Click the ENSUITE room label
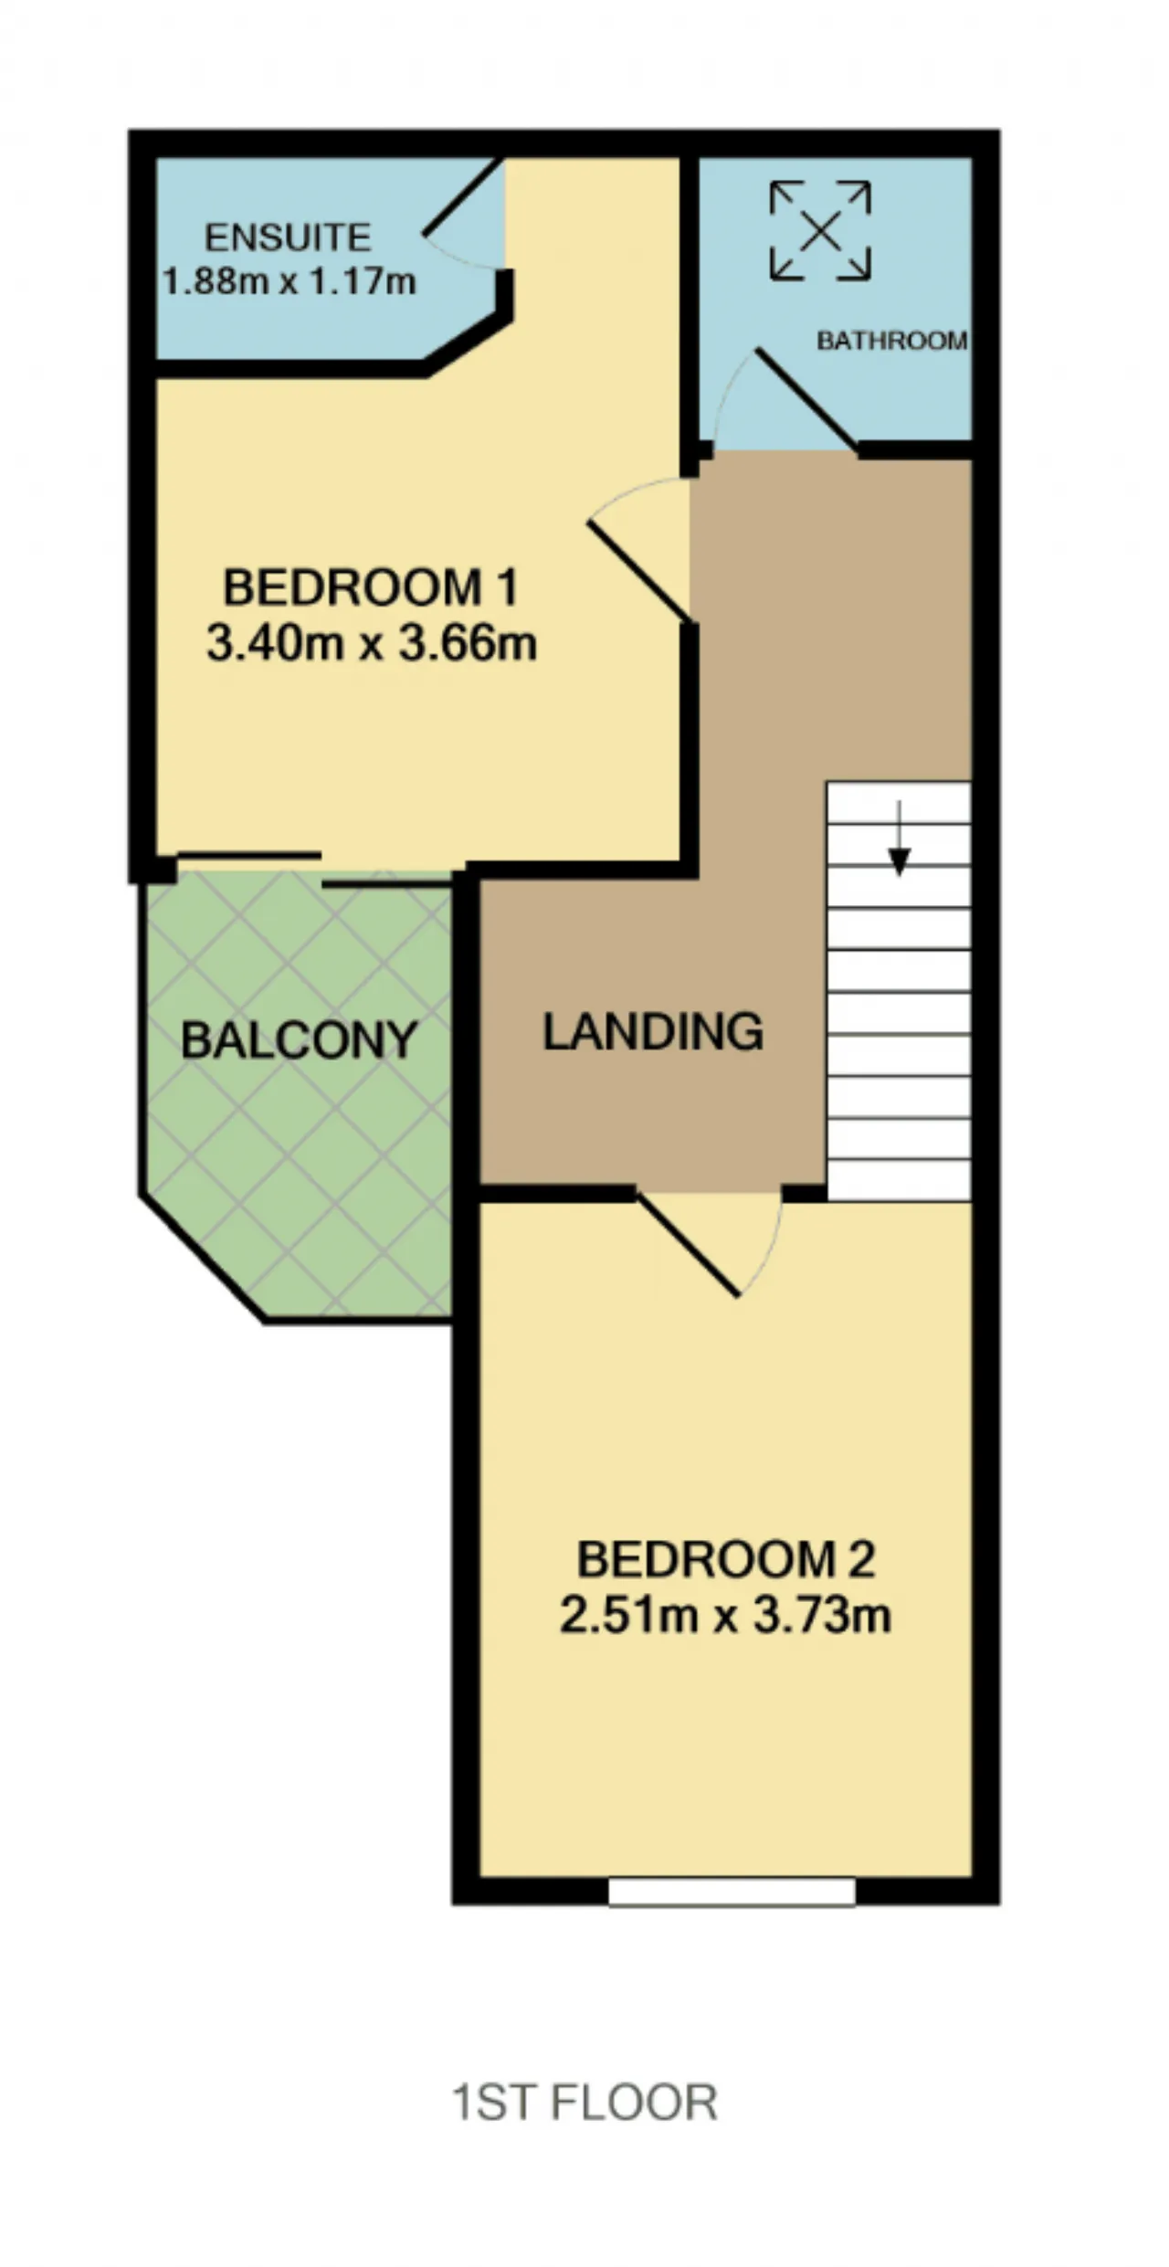[x=288, y=238]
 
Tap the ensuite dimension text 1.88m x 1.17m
[x=290, y=280]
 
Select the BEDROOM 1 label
[x=371, y=587]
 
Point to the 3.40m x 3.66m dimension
[x=372, y=643]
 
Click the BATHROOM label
[x=892, y=341]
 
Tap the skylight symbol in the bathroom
[x=820, y=230]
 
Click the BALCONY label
[x=300, y=1040]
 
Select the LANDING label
[x=654, y=1032]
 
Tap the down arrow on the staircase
[x=900, y=838]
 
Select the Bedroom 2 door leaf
[x=688, y=1243]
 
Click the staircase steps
[x=899, y=991]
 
